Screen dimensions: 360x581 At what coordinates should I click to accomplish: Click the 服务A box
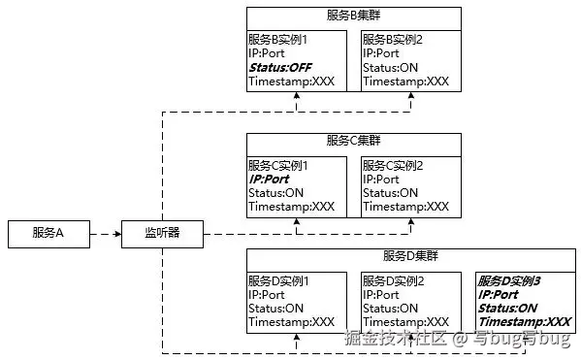[48, 233]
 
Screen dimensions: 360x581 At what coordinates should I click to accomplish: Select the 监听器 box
[161, 233]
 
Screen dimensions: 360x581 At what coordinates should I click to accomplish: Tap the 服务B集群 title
[354, 17]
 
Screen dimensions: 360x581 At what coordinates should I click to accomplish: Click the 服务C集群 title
[354, 142]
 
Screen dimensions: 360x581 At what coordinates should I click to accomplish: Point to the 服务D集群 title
[411, 256]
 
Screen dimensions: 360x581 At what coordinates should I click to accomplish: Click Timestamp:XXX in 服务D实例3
[524, 322]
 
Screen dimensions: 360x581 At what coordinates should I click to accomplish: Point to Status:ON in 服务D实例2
[391, 309]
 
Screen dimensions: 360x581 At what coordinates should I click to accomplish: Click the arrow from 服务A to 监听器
[105, 234]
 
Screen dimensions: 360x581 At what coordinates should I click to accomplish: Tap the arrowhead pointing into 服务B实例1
[297, 97]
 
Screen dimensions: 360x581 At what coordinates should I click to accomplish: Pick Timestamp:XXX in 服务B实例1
[291, 82]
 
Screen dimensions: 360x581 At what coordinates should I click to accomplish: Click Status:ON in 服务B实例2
[391, 67]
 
